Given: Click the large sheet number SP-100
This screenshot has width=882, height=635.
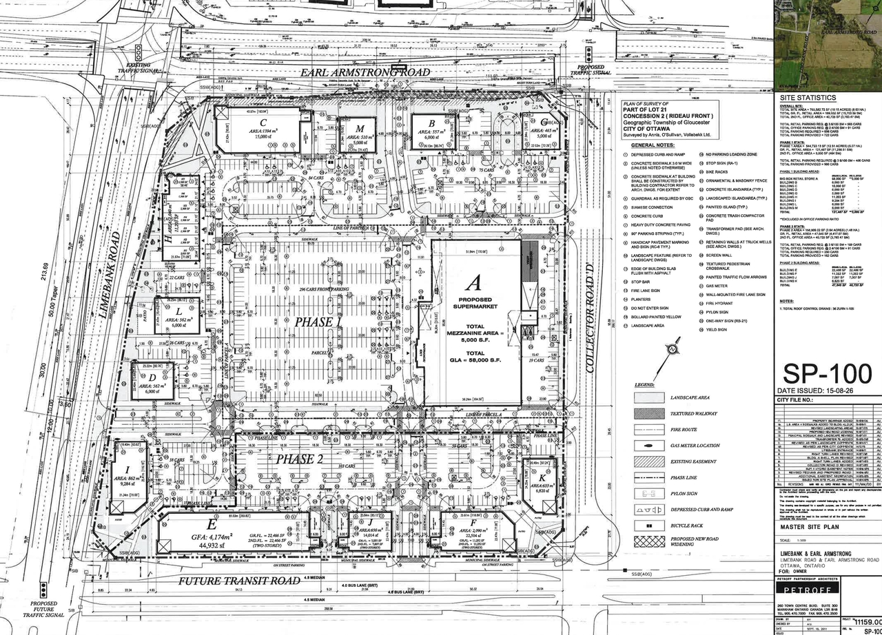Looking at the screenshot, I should coord(827,375).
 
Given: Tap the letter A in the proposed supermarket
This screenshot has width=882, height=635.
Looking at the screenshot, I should coord(473,282).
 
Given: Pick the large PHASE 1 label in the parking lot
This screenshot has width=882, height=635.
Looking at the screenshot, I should coord(318,322).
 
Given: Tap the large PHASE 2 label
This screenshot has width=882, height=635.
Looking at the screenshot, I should coord(300,459).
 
